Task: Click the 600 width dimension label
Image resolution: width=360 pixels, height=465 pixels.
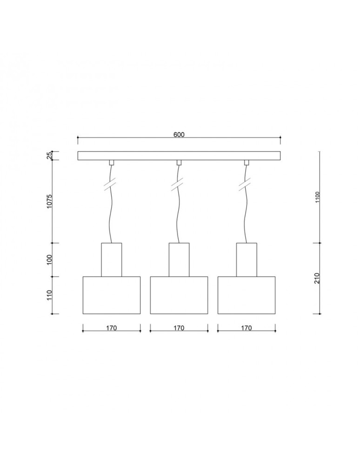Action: tap(179, 134)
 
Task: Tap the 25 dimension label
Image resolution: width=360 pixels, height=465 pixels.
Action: tap(49, 155)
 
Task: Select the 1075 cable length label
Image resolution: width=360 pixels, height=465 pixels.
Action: tap(49, 201)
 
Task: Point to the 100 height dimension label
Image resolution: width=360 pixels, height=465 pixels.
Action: tap(49, 259)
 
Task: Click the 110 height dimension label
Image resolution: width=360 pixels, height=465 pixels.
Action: tap(49, 295)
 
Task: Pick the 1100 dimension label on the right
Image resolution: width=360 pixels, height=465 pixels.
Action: tap(317, 197)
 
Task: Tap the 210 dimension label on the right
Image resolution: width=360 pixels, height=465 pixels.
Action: tap(317, 278)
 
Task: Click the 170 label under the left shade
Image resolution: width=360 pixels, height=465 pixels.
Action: tap(112, 328)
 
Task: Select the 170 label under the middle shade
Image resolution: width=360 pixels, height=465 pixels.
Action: tap(179, 328)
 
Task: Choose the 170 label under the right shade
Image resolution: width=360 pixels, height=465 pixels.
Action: tap(247, 328)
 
